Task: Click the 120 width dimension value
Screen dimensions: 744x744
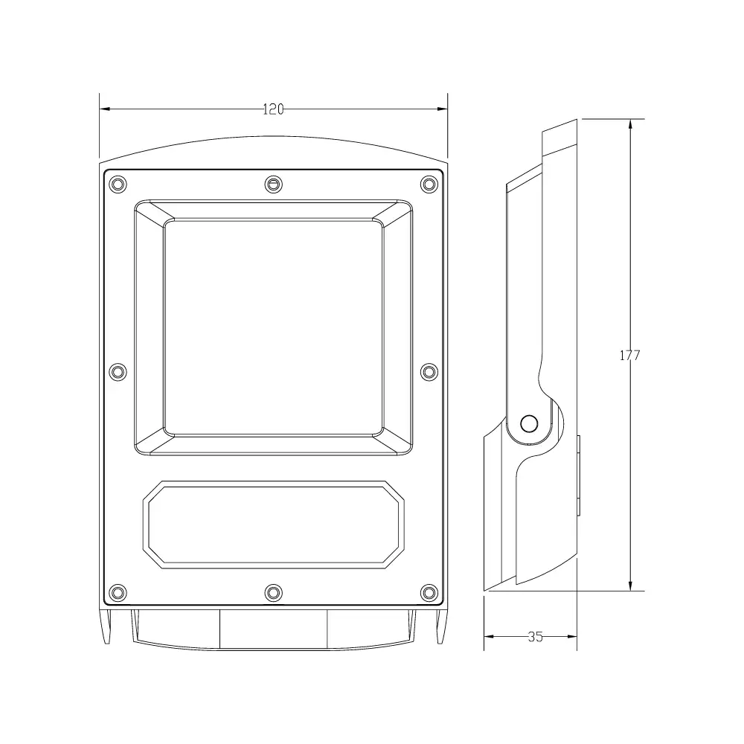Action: [x=273, y=109]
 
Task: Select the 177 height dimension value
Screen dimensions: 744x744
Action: [x=629, y=356]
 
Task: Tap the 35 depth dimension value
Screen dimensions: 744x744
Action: [x=535, y=637]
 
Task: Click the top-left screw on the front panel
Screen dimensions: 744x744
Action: [x=118, y=184]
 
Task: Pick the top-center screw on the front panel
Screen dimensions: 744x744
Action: [x=273, y=184]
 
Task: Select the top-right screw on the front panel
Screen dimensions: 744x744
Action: [x=429, y=184]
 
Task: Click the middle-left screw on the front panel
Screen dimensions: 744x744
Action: [x=118, y=372]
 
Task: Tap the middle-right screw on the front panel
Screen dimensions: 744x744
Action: [x=429, y=372]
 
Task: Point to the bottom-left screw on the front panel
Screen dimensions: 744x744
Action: [x=118, y=593]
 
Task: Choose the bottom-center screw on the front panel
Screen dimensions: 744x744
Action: [x=273, y=593]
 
